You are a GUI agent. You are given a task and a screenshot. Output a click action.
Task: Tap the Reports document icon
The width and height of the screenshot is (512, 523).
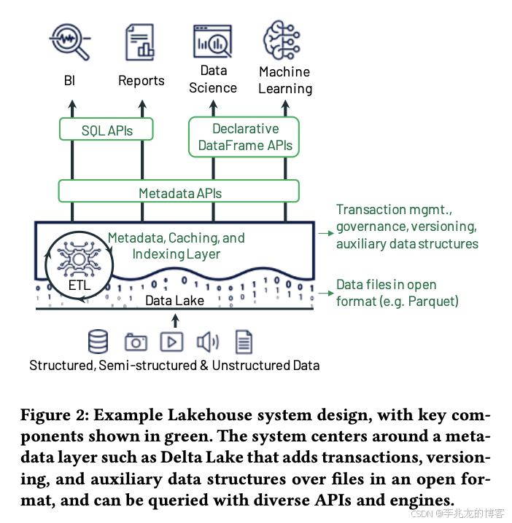pos(141,41)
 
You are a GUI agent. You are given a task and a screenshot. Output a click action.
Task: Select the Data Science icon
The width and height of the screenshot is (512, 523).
pos(212,41)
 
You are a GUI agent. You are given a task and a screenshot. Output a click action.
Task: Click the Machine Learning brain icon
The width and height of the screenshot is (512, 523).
pos(284,39)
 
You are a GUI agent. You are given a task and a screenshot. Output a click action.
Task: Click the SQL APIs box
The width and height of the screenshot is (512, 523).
pos(106,130)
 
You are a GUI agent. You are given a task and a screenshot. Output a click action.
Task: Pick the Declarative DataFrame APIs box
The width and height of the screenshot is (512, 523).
pos(245,137)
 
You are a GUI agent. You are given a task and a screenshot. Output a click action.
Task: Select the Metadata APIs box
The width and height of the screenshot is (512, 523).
pos(179,192)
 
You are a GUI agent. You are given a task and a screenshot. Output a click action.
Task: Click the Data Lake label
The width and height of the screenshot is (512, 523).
pos(174,299)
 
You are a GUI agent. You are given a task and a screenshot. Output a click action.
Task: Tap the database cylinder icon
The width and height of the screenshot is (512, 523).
pos(97,341)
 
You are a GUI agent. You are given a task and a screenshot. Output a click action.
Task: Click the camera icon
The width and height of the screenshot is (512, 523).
pos(136,341)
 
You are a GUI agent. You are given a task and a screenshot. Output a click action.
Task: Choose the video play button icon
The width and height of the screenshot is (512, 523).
pos(172,341)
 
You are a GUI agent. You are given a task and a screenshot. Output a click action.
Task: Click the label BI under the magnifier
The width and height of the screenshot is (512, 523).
pos(70,81)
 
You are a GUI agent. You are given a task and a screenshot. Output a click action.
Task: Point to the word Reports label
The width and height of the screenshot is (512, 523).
pos(141,81)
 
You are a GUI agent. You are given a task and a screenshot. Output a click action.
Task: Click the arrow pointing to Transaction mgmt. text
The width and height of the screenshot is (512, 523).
pos(325,234)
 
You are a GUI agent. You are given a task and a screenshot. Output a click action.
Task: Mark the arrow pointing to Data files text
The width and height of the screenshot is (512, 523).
pos(325,293)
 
